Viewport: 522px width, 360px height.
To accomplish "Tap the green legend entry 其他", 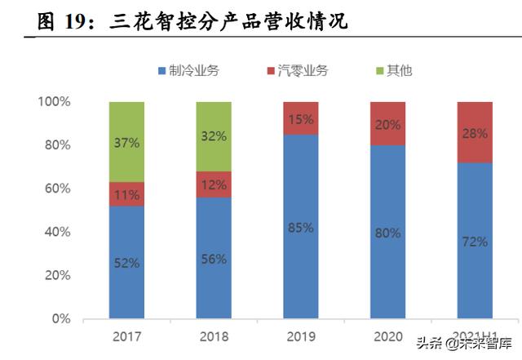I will click(x=393, y=70).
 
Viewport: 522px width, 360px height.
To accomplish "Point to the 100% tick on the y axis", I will click(x=54, y=102).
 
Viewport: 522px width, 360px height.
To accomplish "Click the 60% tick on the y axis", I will click(x=57, y=189).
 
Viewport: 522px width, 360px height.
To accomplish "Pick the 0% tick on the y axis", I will click(x=61, y=318).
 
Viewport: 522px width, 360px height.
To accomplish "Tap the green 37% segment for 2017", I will click(x=126, y=142).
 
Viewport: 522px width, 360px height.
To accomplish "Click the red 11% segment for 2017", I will click(x=126, y=193).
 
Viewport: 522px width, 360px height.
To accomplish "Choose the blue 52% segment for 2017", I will click(x=126, y=262).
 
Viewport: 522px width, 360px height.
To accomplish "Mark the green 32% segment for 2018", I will click(x=214, y=136).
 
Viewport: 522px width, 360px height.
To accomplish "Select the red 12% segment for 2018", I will click(x=214, y=184).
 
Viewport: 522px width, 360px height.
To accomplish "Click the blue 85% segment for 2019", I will click(x=300, y=226).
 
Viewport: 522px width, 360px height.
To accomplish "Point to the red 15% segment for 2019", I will click(x=300, y=118).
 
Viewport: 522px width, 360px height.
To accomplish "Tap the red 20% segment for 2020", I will click(x=387, y=123).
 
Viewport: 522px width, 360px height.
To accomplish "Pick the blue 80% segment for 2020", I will click(x=387, y=232).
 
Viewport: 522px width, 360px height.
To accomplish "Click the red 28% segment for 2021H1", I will click(x=474, y=132).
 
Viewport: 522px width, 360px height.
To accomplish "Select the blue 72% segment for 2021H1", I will click(x=474, y=241).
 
